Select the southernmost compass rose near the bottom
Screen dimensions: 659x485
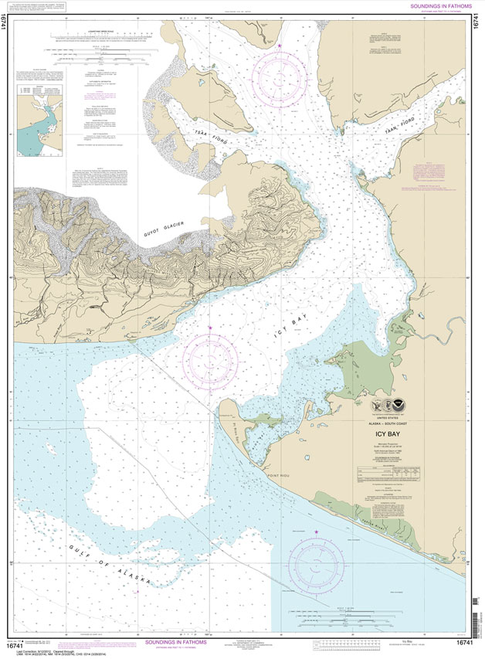[318, 563]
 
